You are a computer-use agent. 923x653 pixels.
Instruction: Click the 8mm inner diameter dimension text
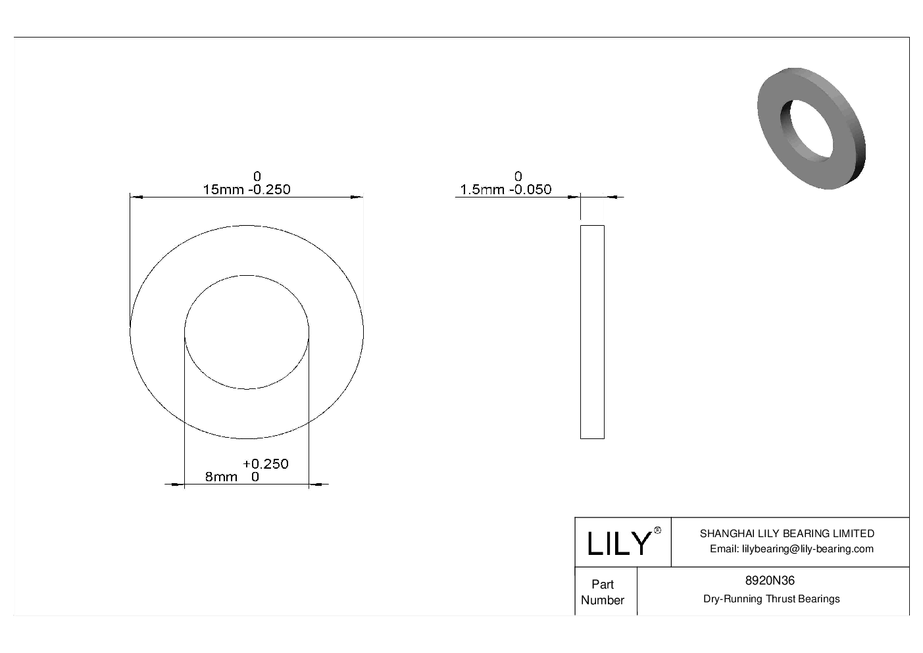221,477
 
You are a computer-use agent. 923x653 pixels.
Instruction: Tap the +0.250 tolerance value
266,464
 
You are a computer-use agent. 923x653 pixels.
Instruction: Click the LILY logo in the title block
618,544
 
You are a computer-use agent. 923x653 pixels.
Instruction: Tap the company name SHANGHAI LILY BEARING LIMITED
787,534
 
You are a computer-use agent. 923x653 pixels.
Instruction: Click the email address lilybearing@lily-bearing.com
791,549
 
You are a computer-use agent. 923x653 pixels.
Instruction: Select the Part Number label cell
602,592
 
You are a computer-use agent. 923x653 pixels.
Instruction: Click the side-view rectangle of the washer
592,332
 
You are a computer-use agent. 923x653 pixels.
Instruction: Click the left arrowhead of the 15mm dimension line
136,197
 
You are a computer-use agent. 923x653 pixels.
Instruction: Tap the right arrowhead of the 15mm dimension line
357,197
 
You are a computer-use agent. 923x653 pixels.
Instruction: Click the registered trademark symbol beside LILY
657,531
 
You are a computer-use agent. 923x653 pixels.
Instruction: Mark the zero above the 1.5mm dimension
518,176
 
